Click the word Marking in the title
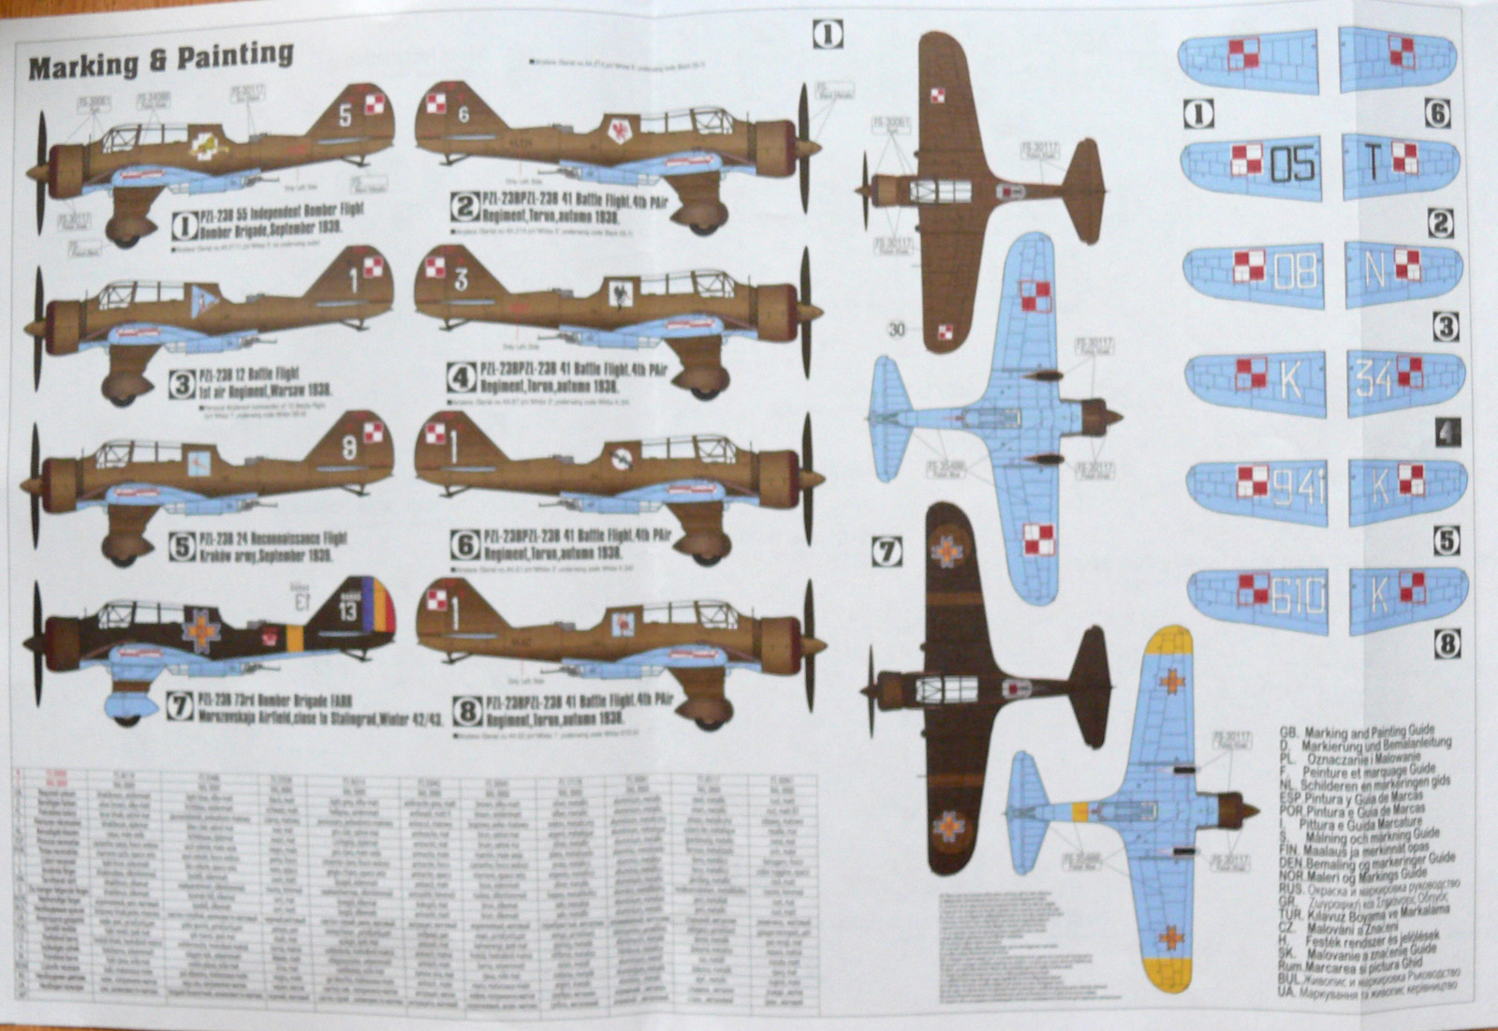[x=82, y=66]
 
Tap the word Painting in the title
[x=235, y=55]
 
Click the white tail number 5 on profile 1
[x=345, y=115]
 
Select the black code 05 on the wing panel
[x=1293, y=166]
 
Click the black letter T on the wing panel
[x=1373, y=163]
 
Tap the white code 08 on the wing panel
[x=1296, y=272]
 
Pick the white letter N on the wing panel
[x=1374, y=270]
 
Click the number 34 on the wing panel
[x=1373, y=378]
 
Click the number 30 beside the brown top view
[x=897, y=330]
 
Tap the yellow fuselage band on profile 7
[x=295, y=638]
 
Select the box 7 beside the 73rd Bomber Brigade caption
[x=180, y=706]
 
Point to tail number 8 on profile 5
[x=348, y=448]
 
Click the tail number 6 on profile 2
[x=464, y=114]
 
